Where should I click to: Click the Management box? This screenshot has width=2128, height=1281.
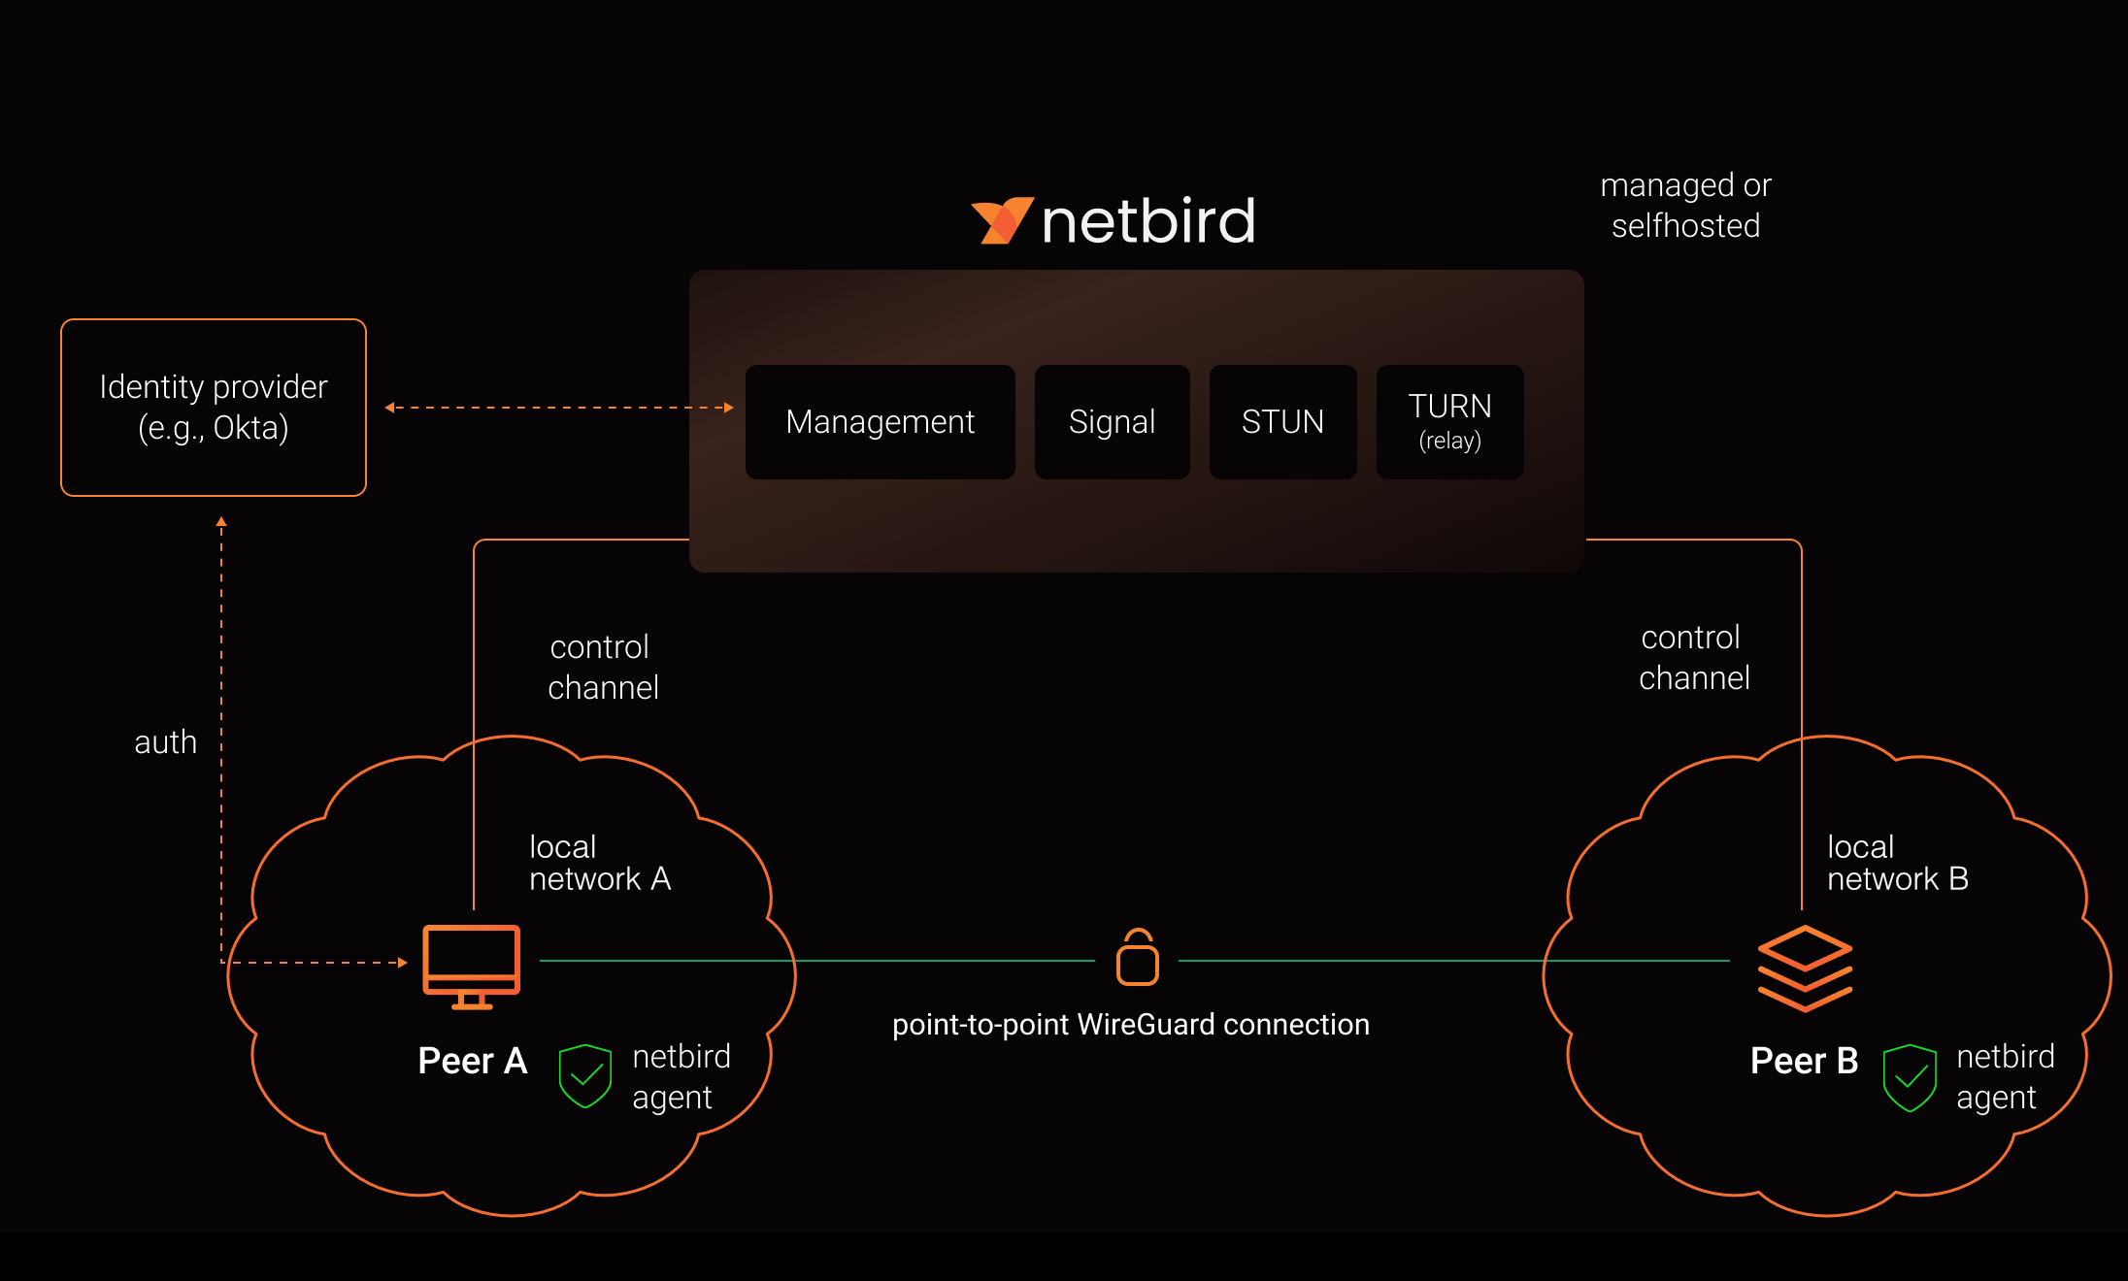[880, 422]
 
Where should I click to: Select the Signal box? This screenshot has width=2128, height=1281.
[1112, 422]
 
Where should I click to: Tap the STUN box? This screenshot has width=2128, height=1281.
[1281, 422]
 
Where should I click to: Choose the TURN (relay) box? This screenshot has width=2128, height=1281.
[1449, 422]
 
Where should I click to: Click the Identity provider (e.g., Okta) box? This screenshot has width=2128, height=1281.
[214, 408]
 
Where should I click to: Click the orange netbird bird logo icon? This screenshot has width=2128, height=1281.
[1002, 220]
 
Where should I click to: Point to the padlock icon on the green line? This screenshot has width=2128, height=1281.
[1137, 958]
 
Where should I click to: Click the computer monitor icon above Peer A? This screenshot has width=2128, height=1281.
[471, 966]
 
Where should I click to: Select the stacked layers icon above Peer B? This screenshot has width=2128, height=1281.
[1805, 968]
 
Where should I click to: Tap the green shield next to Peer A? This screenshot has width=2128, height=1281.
[584, 1075]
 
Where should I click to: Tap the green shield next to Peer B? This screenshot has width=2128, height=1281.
[1909, 1077]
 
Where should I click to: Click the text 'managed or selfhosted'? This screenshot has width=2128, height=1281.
[1685, 205]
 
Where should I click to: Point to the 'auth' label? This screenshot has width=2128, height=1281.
[165, 742]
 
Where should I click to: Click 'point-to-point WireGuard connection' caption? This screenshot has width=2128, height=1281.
[1130, 1025]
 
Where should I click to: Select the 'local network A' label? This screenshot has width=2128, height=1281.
[599, 863]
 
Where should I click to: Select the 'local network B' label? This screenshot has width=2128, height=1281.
[1897, 863]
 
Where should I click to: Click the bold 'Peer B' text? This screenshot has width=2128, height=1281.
[1804, 1061]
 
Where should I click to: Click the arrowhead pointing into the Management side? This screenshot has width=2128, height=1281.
[729, 408]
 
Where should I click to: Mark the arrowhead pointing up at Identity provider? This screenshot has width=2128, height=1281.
[221, 522]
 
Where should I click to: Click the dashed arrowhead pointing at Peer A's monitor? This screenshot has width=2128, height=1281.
[403, 963]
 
